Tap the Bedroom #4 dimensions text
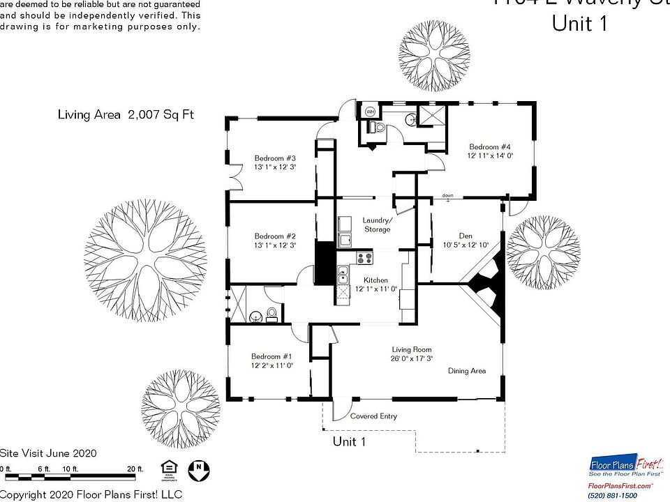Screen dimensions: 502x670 490,156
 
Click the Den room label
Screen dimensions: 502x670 466,236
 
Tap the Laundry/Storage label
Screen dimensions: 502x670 377,225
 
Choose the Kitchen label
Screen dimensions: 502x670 375,280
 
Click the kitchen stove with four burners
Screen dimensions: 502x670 364,258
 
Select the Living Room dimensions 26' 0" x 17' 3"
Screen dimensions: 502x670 412,358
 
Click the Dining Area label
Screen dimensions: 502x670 467,371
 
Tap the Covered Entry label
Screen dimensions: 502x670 373,416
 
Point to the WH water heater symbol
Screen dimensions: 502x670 370,111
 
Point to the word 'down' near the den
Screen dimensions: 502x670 447,196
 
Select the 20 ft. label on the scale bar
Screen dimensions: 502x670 135,469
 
